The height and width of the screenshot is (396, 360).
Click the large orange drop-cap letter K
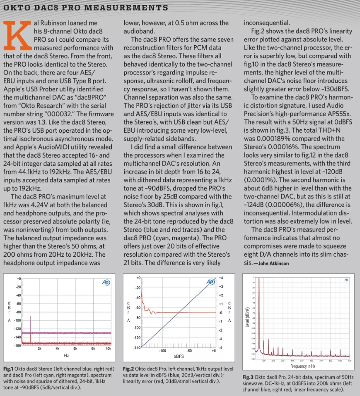(17, 36)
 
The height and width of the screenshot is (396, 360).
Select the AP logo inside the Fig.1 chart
(105, 282)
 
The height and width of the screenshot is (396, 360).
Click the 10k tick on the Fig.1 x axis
(108, 349)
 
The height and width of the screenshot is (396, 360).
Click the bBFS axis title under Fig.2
(178, 356)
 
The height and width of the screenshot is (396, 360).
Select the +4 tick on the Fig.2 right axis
(221, 278)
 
